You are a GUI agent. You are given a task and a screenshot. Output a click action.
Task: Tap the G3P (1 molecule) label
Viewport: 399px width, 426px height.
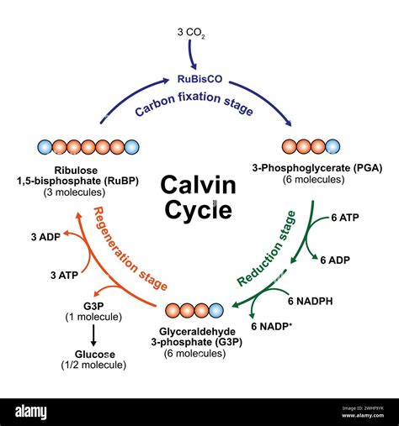pos(93,310)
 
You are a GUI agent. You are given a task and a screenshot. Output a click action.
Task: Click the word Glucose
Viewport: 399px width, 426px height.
pos(93,355)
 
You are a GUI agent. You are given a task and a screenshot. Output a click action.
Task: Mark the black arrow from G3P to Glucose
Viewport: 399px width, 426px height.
pos(93,335)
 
